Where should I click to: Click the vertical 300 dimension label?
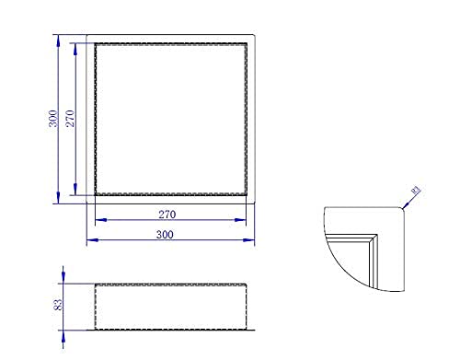[x=53, y=119]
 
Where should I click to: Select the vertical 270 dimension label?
[x=70, y=119]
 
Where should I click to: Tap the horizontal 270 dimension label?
[x=167, y=215]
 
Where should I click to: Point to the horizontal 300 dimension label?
[x=165, y=235]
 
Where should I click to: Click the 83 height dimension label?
[x=58, y=305]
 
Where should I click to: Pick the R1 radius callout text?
[x=416, y=191]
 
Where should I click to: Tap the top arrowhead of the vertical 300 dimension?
[x=58, y=41]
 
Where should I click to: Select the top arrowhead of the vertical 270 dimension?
[x=75, y=49]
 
